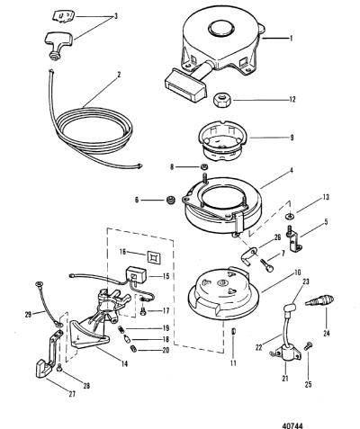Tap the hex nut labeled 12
coord(221,101)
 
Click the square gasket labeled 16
coord(154,257)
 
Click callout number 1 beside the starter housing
coord(290,39)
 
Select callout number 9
coord(292,139)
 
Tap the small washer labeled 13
coord(290,215)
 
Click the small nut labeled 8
coord(203,166)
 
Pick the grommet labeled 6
coord(171,200)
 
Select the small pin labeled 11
coord(234,331)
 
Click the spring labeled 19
coord(122,329)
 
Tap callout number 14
coord(124,363)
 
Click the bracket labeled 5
coord(294,241)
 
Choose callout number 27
coord(72,394)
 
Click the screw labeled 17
coord(143,311)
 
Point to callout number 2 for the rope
coord(119,75)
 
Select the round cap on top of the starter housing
coord(221,29)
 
